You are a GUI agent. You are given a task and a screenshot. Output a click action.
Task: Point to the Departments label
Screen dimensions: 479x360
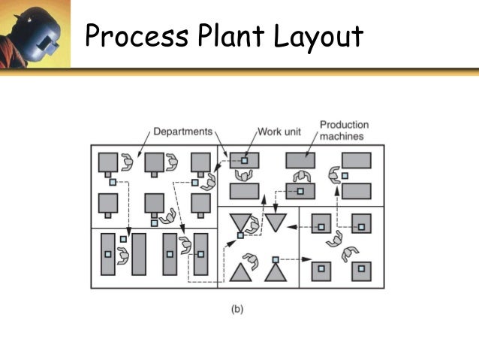pyautogui.click(x=183, y=132)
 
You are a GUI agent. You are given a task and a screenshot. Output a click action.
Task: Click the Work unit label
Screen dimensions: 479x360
pyautogui.click(x=279, y=132)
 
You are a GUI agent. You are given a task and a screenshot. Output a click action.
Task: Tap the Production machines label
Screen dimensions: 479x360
pyautogui.click(x=345, y=130)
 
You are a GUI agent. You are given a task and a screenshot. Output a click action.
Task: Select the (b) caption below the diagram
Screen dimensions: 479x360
pyautogui.click(x=236, y=308)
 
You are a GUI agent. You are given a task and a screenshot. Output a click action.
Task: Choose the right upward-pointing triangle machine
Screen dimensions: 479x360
pyautogui.click(x=276, y=271)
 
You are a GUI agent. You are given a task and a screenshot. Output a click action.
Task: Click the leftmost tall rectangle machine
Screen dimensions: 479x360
pyautogui.click(x=108, y=254)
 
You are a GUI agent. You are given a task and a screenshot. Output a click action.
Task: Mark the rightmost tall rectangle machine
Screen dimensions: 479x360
pyautogui.click(x=200, y=254)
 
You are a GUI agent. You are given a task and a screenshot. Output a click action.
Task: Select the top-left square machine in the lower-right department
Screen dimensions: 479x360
pyautogui.click(x=321, y=223)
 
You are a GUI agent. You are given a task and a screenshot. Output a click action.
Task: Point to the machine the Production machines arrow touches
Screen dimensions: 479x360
pyautogui.click(x=300, y=161)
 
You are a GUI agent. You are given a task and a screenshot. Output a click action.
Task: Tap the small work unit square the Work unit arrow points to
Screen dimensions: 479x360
pyautogui.click(x=244, y=161)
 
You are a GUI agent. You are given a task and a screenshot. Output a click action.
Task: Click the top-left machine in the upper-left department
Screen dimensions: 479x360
pyautogui.click(x=109, y=162)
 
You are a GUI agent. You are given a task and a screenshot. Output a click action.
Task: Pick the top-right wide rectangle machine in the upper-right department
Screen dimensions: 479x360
pyautogui.click(x=356, y=161)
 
